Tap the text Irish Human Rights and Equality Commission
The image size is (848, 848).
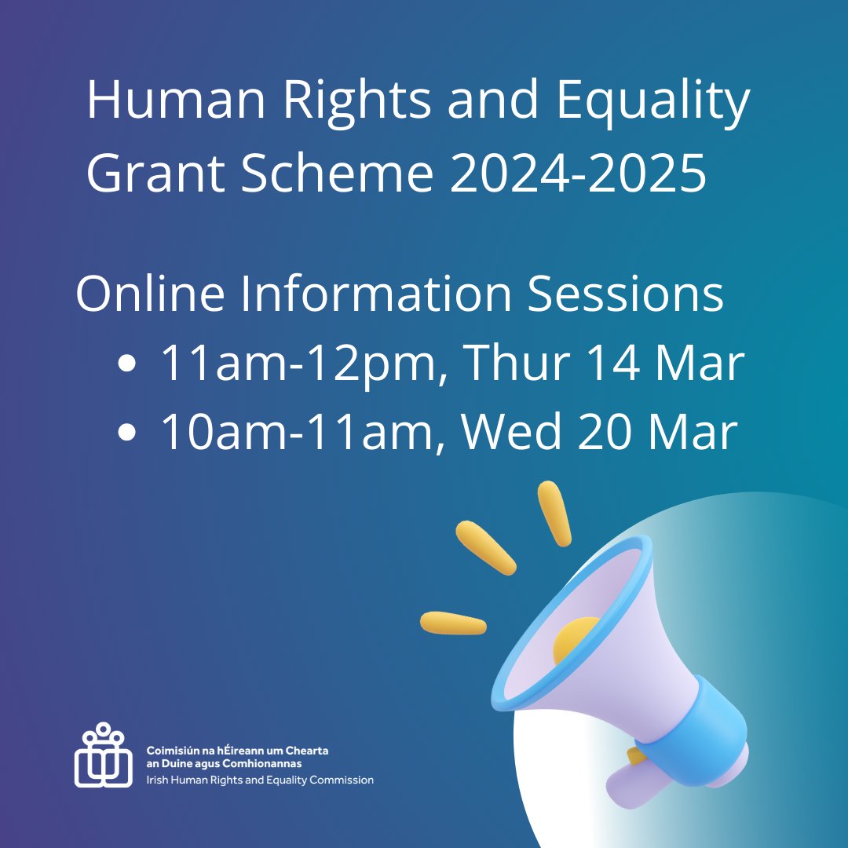(260, 780)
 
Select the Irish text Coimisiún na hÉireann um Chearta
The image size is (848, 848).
(237, 751)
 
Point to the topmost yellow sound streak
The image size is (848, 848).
(554, 514)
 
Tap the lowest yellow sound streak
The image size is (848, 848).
(453, 623)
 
